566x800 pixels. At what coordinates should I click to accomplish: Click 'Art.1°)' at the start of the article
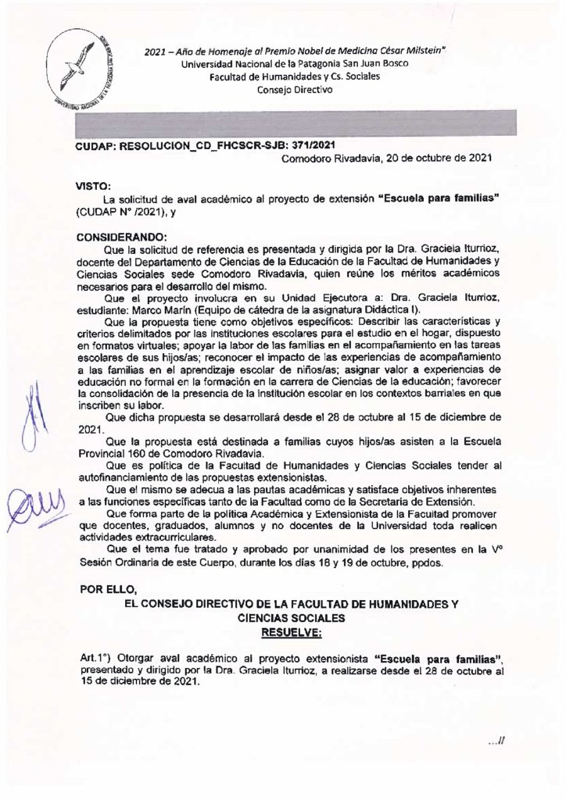tap(96, 659)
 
